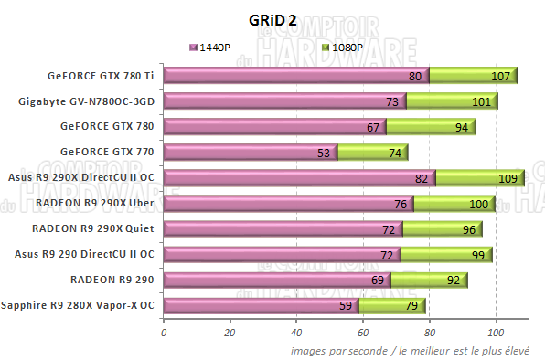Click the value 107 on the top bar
(499, 77)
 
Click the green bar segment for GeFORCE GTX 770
(373, 153)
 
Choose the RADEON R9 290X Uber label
(97, 203)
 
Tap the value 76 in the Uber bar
(401, 205)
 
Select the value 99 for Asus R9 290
(477, 256)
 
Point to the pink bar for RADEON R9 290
(274, 281)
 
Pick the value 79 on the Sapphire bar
(411, 307)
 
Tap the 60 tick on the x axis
(363, 331)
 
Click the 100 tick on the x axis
(497, 331)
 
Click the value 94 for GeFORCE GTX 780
(461, 128)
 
